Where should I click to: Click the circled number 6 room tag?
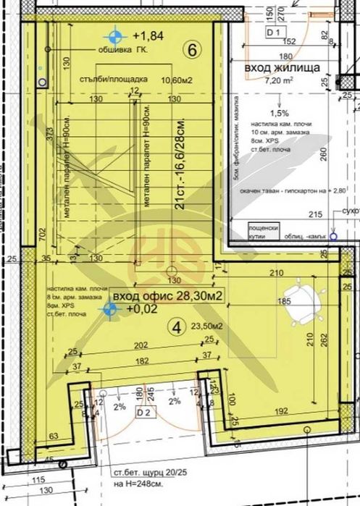191,51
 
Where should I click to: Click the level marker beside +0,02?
110,310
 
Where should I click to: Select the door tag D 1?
273,33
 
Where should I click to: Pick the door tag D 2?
143,413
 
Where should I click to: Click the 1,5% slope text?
279,113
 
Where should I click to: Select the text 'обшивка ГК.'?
120,51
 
